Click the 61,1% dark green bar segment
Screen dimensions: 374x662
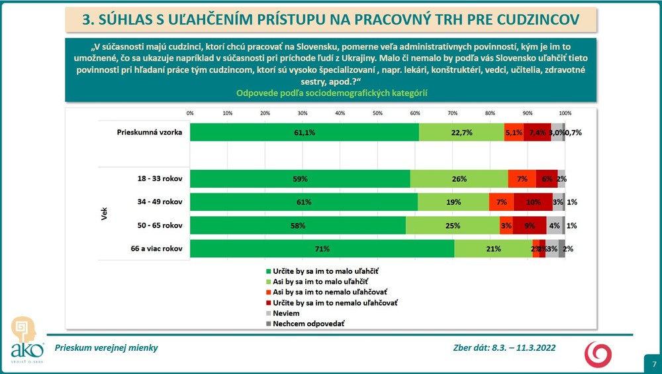pyautogui.click(x=305, y=133)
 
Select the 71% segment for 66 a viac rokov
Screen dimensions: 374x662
pyautogui.click(x=322, y=249)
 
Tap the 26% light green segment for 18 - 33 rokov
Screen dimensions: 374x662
pyautogui.click(x=459, y=179)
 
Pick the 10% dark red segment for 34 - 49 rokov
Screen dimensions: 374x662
pyautogui.click(x=533, y=202)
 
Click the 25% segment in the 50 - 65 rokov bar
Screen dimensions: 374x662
pyautogui.click(x=453, y=225)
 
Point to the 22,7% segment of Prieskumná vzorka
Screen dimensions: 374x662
pyautogui.click(x=461, y=133)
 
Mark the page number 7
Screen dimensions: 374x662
pyautogui.click(x=653, y=364)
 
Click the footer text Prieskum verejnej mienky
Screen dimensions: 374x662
pyautogui.click(x=106, y=347)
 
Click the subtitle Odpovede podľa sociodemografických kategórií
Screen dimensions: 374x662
pyautogui.click(x=331, y=93)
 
